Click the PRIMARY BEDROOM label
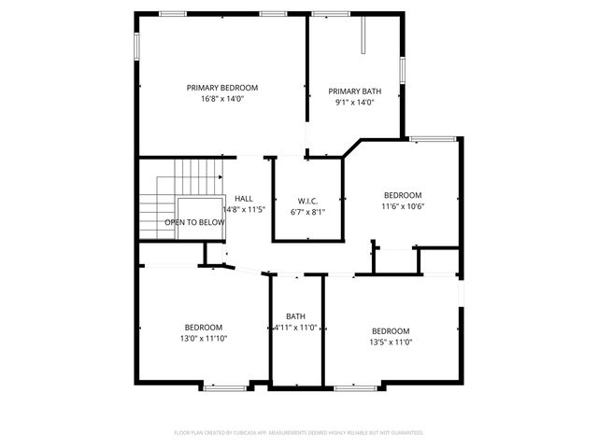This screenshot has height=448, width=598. pyautogui.click(x=221, y=88)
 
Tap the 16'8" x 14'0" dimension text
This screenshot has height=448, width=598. pyautogui.click(x=221, y=99)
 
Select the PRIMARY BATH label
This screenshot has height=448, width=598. pyautogui.click(x=354, y=91)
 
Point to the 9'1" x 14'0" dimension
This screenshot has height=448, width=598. pyautogui.click(x=354, y=103)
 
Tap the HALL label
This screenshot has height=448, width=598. pyautogui.click(x=244, y=199)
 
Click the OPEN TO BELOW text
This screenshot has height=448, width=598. pyautogui.click(x=194, y=223)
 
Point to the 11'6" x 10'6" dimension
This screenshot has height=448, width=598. pyautogui.click(x=403, y=207)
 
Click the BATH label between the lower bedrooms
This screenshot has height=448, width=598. pyautogui.click(x=296, y=316)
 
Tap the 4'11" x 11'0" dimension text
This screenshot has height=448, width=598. pyautogui.click(x=295, y=328)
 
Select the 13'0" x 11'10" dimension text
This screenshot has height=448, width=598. pyautogui.click(x=204, y=338)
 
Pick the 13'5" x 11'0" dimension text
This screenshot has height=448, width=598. pyautogui.click(x=392, y=342)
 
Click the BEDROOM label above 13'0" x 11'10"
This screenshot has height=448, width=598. pyautogui.click(x=203, y=327)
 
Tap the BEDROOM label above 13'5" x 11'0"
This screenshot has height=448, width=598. pyautogui.click(x=391, y=331)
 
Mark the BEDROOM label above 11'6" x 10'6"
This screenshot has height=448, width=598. pyautogui.click(x=403, y=196)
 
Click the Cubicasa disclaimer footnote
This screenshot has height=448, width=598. pyautogui.click(x=299, y=433)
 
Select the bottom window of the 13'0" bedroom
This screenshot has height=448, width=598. pyautogui.click(x=224, y=386)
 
